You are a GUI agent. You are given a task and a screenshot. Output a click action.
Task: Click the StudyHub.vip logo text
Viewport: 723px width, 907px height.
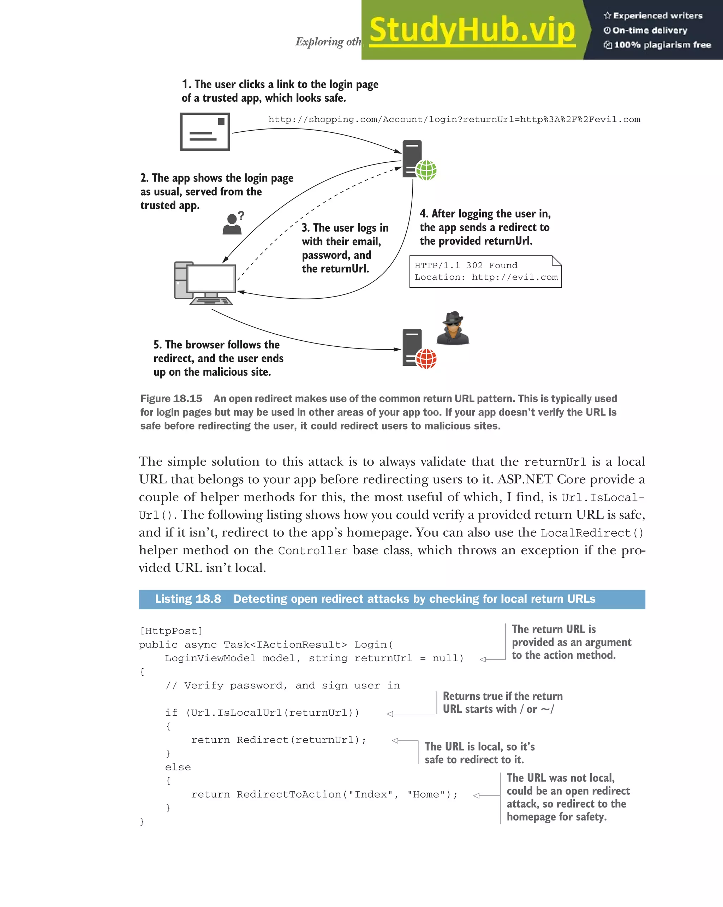pos(472,30)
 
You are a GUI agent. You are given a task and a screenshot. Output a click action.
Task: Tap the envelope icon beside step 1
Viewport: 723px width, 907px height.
pos(205,132)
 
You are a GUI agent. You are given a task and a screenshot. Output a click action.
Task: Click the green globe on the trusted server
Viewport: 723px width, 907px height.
pos(426,171)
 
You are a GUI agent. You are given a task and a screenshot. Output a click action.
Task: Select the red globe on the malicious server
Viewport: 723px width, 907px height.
pos(426,359)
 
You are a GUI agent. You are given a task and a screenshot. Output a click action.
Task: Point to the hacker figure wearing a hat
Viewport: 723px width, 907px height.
pos(453,329)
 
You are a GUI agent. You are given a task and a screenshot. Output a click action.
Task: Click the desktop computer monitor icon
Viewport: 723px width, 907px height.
pos(211,279)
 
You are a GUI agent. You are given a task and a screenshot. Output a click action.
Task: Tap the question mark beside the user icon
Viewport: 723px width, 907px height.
pos(241,216)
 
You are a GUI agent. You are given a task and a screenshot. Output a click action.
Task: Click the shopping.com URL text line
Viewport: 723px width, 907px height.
pos(454,119)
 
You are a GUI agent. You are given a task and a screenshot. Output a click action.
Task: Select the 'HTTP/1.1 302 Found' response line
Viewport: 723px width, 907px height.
pos(466,265)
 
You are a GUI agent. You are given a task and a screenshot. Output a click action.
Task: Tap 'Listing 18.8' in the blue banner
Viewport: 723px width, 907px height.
pos(188,599)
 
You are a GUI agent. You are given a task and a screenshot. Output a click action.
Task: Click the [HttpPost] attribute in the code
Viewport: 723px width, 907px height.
pos(171,631)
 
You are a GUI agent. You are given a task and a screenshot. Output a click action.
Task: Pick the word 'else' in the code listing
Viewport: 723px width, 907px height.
pos(178,767)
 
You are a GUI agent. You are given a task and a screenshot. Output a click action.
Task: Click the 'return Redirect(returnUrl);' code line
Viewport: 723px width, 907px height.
pos(279,740)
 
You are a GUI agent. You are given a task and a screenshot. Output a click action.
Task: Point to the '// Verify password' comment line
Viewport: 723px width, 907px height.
pos(282,686)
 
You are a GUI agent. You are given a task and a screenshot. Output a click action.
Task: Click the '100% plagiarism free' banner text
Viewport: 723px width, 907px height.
pos(662,45)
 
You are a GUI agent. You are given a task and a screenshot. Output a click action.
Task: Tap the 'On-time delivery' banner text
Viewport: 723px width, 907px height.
pos(650,30)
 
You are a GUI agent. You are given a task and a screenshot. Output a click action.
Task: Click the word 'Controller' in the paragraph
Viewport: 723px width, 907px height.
pos(312,551)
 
